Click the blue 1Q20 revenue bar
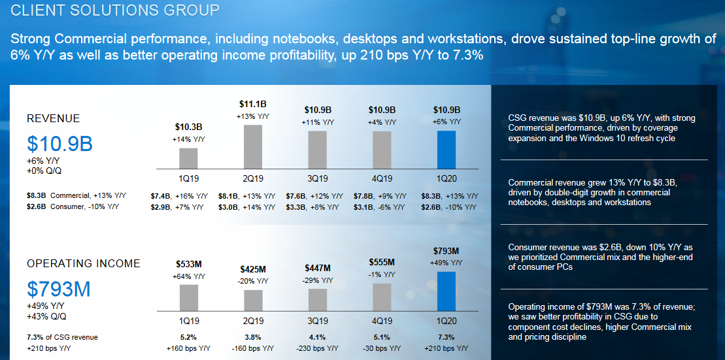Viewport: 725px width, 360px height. coord(447,150)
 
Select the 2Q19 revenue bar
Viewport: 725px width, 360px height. coord(252,147)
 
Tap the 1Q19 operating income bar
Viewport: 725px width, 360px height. coord(188,297)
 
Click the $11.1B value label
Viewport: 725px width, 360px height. coord(252,104)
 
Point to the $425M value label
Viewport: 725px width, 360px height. coord(252,269)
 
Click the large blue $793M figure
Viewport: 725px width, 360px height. coord(59,289)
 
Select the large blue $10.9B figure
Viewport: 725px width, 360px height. coord(60,144)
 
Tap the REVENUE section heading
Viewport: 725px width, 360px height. coord(53,119)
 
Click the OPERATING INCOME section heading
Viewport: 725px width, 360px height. coord(83,264)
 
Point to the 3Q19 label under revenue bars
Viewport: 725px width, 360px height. coord(317,178)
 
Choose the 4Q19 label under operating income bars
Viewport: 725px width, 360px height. coord(382,321)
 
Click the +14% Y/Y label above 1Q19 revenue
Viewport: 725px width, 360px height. coord(188,139)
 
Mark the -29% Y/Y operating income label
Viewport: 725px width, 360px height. coord(317,280)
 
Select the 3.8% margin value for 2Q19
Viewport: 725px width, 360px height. coord(252,338)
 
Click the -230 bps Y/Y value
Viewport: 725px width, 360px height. coord(317,349)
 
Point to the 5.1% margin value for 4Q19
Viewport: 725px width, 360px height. coord(382,338)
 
